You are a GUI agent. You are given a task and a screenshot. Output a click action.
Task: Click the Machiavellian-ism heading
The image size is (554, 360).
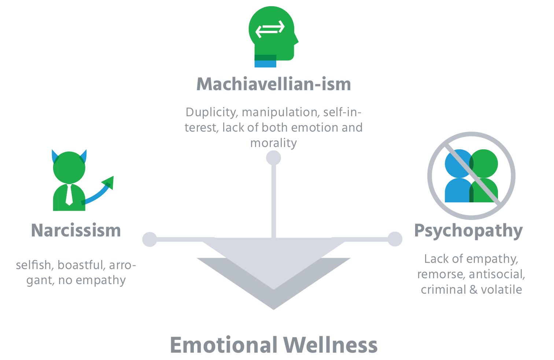[274, 84]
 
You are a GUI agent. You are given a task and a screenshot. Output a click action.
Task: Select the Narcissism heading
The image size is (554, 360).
[76, 231]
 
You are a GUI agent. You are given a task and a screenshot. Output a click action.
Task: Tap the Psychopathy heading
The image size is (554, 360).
[468, 231]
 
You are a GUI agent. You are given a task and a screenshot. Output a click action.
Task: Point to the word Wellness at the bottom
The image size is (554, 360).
[330, 345]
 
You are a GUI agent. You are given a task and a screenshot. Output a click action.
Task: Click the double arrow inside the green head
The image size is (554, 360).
[270, 29]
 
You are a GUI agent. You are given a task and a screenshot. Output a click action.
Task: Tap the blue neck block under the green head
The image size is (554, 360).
[265, 64]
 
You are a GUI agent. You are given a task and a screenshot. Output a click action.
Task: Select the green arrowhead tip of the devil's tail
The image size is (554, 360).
[109, 182]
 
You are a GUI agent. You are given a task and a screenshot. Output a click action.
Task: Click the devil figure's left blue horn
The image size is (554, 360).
[55, 156]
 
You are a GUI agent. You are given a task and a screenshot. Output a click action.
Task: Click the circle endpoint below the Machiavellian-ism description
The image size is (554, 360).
[273, 158]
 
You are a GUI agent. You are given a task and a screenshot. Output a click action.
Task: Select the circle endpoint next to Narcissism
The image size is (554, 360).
[149, 239]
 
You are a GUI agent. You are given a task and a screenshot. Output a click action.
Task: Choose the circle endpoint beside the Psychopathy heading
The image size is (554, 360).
[395, 239]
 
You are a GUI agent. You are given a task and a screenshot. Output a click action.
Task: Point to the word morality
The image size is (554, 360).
[273, 143]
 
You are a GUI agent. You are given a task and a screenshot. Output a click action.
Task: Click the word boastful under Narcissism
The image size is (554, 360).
[81, 265]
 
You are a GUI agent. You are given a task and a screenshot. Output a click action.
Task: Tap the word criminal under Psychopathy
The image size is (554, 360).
[443, 290]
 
